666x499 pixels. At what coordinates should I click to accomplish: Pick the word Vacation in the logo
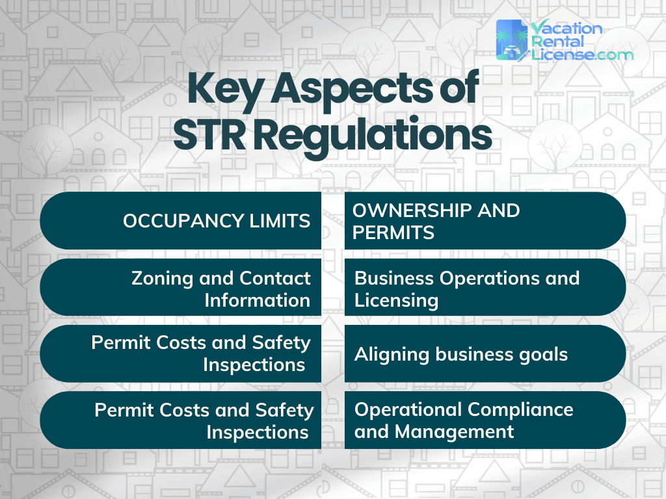(566, 29)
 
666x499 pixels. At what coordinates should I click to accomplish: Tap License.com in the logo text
(581, 55)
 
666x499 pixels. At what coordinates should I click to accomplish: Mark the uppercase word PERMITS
(393, 233)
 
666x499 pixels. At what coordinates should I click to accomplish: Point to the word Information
(257, 300)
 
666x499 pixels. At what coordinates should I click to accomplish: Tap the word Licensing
(397, 300)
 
